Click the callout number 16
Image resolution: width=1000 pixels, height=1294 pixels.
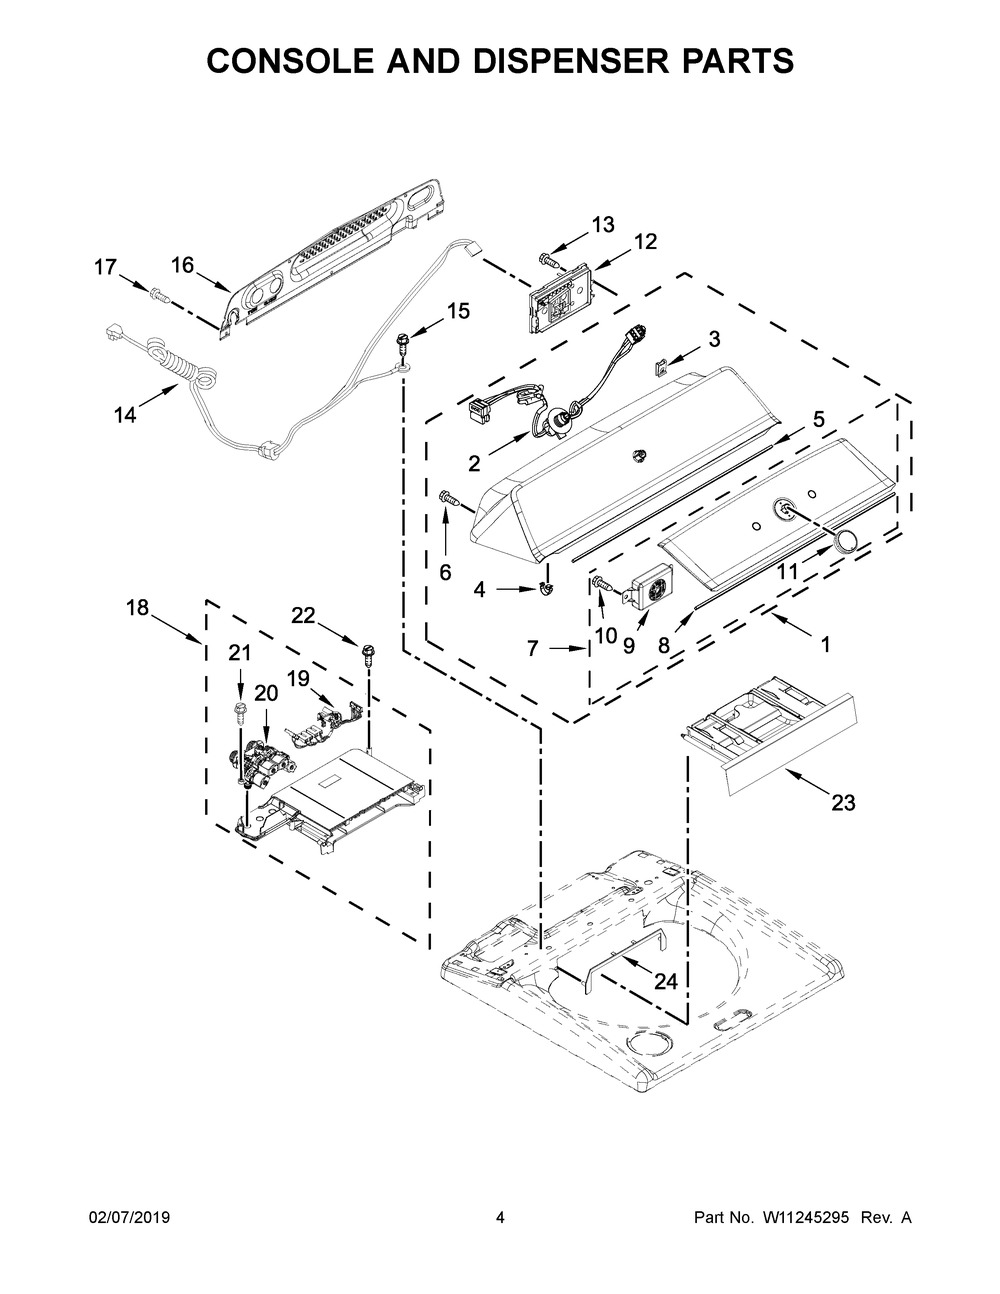[x=183, y=266]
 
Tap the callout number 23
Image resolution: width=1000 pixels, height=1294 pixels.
[x=843, y=802]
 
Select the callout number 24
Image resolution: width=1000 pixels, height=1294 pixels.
[x=666, y=981]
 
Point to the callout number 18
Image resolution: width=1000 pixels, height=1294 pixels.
[x=138, y=608]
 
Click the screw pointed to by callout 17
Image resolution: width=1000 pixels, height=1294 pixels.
[x=160, y=294]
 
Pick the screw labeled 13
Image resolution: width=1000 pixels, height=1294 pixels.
[x=549, y=260]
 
